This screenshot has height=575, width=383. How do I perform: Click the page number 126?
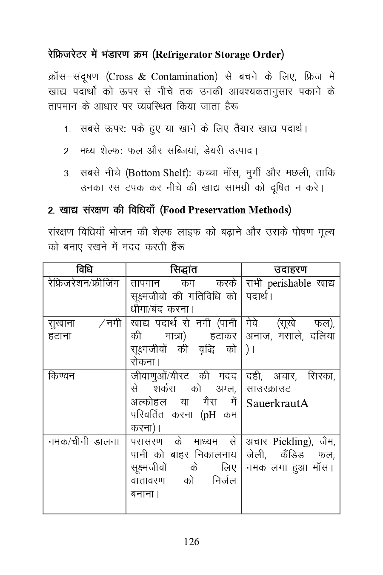pos(191,542)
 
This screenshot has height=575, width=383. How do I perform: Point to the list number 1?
pos(67,129)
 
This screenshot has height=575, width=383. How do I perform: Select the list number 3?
pos(67,173)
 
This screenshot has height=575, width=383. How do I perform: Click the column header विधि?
pos(84,270)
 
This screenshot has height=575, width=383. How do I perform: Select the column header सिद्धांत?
pos(183,270)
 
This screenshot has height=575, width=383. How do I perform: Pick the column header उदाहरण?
pos(290,270)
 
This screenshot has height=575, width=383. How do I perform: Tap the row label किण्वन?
pos(61,376)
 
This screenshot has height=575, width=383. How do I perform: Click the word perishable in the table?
pos(290,284)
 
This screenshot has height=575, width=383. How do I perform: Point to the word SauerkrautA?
pos(277,403)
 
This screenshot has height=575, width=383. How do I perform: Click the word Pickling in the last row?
pos(289,441)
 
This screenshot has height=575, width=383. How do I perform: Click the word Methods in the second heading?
pos(268,210)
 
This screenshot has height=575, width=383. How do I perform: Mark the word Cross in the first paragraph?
pos(121,77)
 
